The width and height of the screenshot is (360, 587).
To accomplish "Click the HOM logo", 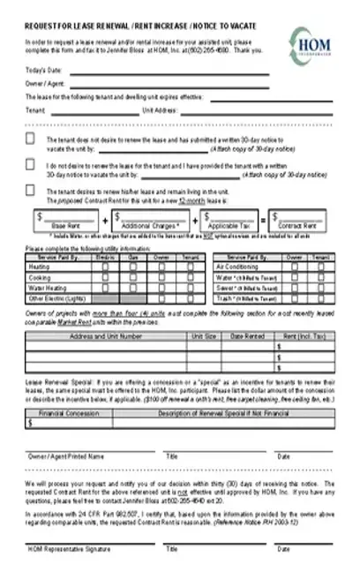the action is tap(311, 43).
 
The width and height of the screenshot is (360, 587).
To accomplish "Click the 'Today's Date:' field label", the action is tap(42, 69).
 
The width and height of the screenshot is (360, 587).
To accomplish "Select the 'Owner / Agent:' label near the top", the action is tap(44, 83).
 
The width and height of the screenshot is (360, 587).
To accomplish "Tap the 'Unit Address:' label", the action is tap(161, 110).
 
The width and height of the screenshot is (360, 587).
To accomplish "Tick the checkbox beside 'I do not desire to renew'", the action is tap(31, 164).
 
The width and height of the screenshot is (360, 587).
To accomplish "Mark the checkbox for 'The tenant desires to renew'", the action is tap(31, 189).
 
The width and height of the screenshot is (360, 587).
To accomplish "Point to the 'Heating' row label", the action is tap(40, 266).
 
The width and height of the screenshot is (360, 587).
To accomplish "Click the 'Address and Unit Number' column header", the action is tap(106, 336).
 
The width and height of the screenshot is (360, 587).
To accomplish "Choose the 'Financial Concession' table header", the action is tap(69, 413).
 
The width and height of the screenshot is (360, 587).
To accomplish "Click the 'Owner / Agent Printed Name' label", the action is tap(66, 456).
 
